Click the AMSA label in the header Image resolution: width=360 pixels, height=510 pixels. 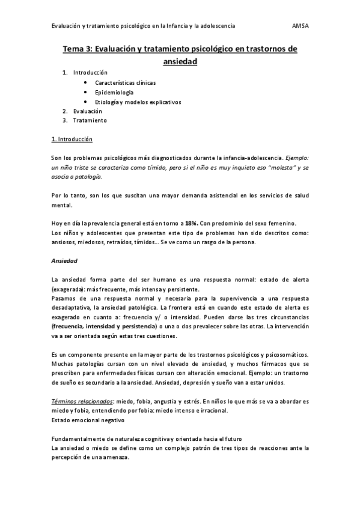coord(300,26)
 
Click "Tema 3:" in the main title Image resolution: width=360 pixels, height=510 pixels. coord(79,49)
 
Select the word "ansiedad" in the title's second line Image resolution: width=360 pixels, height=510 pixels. coord(180,61)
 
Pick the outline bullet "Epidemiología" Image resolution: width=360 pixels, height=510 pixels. coord(114,92)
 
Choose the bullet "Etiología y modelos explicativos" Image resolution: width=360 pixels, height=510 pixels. coord(138,102)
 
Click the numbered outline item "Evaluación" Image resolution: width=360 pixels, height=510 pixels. coord(88,111)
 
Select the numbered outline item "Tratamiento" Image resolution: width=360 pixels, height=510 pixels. coord(90,120)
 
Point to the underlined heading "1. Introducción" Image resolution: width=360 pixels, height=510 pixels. coord(72,140)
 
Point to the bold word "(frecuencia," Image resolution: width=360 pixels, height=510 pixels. coord(70,326)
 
